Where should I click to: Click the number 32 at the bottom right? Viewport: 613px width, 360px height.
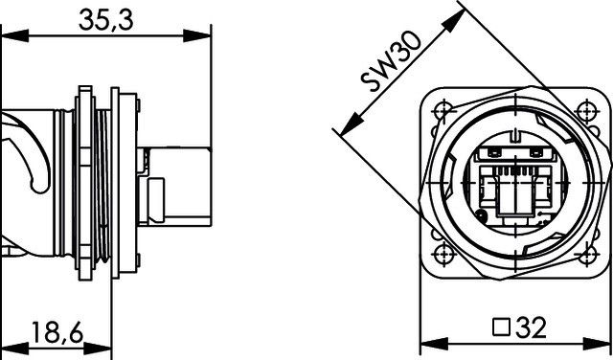tap(529, 330)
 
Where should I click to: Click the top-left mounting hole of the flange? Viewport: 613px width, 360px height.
tap(443, 103)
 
